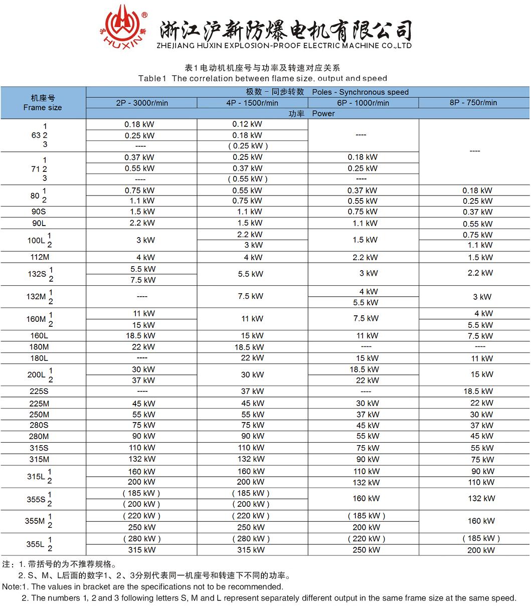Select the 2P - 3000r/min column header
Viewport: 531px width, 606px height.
coord(141,103)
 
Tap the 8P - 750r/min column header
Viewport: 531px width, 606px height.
coord(473,103)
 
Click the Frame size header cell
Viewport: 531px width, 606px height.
coord(43,103)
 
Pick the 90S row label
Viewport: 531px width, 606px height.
coord(39,212)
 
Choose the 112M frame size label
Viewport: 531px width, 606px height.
coord(39,257)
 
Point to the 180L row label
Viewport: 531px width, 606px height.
coord(39,358)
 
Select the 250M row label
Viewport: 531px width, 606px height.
coord(39,415)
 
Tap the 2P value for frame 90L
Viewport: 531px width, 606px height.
coord(142,223)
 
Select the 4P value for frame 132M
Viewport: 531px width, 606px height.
coord(251,296)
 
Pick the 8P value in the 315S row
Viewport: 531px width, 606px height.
coord(482,448)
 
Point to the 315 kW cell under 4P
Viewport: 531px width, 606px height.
coord(251,550)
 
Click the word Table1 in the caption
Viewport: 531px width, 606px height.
coord(152,78)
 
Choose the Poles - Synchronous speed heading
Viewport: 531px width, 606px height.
coord(360,92)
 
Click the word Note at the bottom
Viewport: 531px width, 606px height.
coord(11,586)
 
